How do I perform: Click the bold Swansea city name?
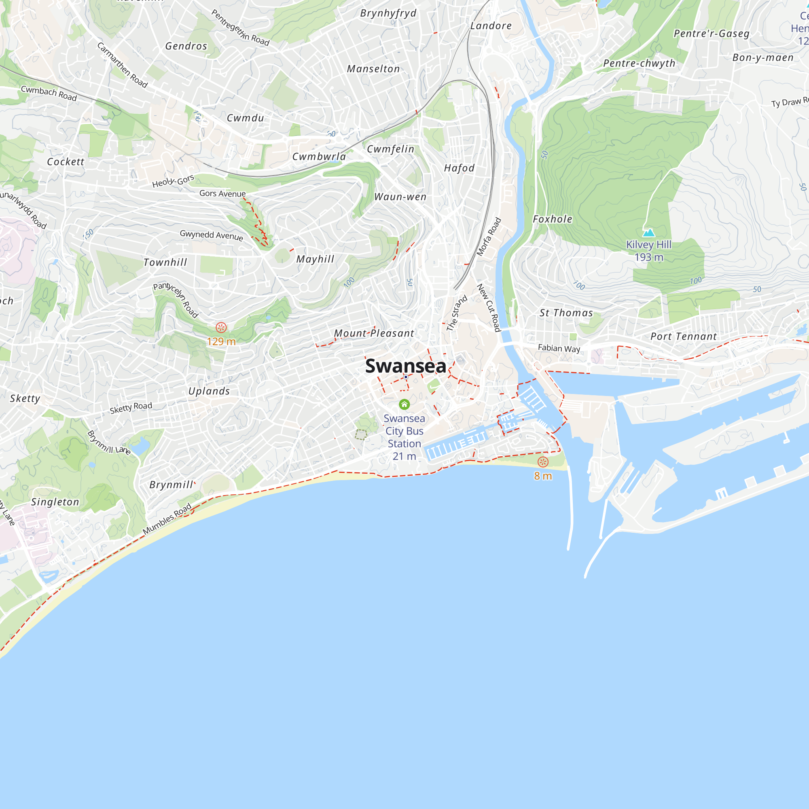click(405, 366)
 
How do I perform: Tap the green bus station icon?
click(404, 404)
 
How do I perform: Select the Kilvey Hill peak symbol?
click(649, 233)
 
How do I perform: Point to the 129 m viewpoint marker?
click(221, 328)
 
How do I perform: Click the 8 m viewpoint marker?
click(543, 462)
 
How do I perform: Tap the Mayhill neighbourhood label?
click(316, 259)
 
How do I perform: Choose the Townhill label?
click(165, 263)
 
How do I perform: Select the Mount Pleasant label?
click(374, 333)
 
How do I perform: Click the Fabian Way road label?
click(559, 348)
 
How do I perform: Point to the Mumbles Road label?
click(167, 519)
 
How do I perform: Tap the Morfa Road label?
click(489, 237)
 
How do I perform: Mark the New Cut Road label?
click(489, 308)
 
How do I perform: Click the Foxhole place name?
click(552, 219)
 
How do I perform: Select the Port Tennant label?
click(683, 336)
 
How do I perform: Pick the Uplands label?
click(209, 391)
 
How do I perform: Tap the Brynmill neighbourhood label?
click(171, 485)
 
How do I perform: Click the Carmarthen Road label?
click(122, 65)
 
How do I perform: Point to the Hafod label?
click(460, 168)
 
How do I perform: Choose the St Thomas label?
click(566, 313)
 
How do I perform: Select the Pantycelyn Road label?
click(176, 300)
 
